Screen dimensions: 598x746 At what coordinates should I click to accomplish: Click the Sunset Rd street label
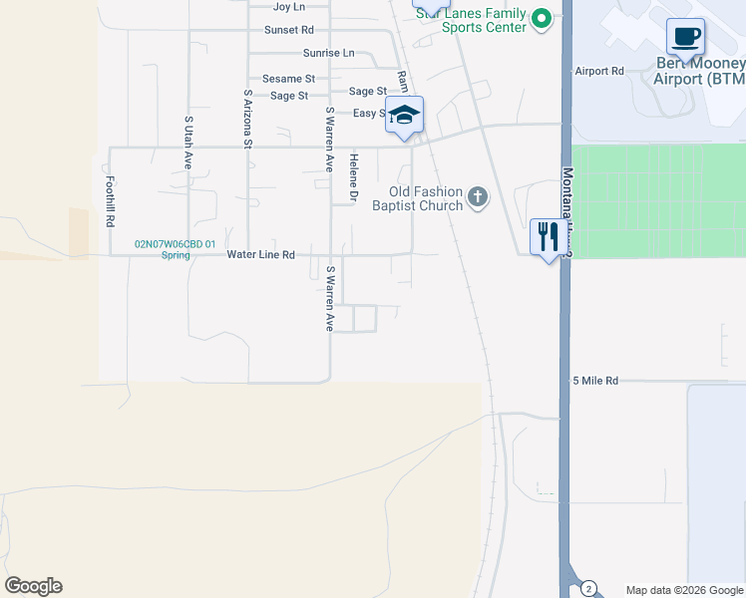pos(289,30)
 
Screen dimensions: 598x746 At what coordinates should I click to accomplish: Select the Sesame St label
pos(288,79)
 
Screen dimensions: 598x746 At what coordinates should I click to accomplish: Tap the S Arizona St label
pos(247,119)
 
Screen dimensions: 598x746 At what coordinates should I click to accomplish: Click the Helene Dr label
pos(353,178)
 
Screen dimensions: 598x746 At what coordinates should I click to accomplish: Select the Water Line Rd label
pos(260,255)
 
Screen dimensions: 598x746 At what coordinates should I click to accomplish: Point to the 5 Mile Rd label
pos(595,381)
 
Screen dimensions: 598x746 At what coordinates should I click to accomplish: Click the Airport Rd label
pos(598,72)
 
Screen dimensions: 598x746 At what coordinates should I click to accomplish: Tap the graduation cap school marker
pos(404,115)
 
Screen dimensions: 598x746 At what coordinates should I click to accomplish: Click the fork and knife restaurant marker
pos(548,236)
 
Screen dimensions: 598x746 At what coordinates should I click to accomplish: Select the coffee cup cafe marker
pos(685,37)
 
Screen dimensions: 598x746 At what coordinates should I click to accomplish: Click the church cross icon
pos(478,197)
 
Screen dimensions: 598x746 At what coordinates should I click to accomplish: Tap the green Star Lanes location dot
pos(541,18)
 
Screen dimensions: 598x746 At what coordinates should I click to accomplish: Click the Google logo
pos(33,586)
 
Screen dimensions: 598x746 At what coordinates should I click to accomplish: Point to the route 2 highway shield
pos(588,588)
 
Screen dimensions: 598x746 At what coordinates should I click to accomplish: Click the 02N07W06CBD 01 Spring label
pos(176,248)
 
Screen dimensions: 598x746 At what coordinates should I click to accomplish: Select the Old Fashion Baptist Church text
pos(425,198)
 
